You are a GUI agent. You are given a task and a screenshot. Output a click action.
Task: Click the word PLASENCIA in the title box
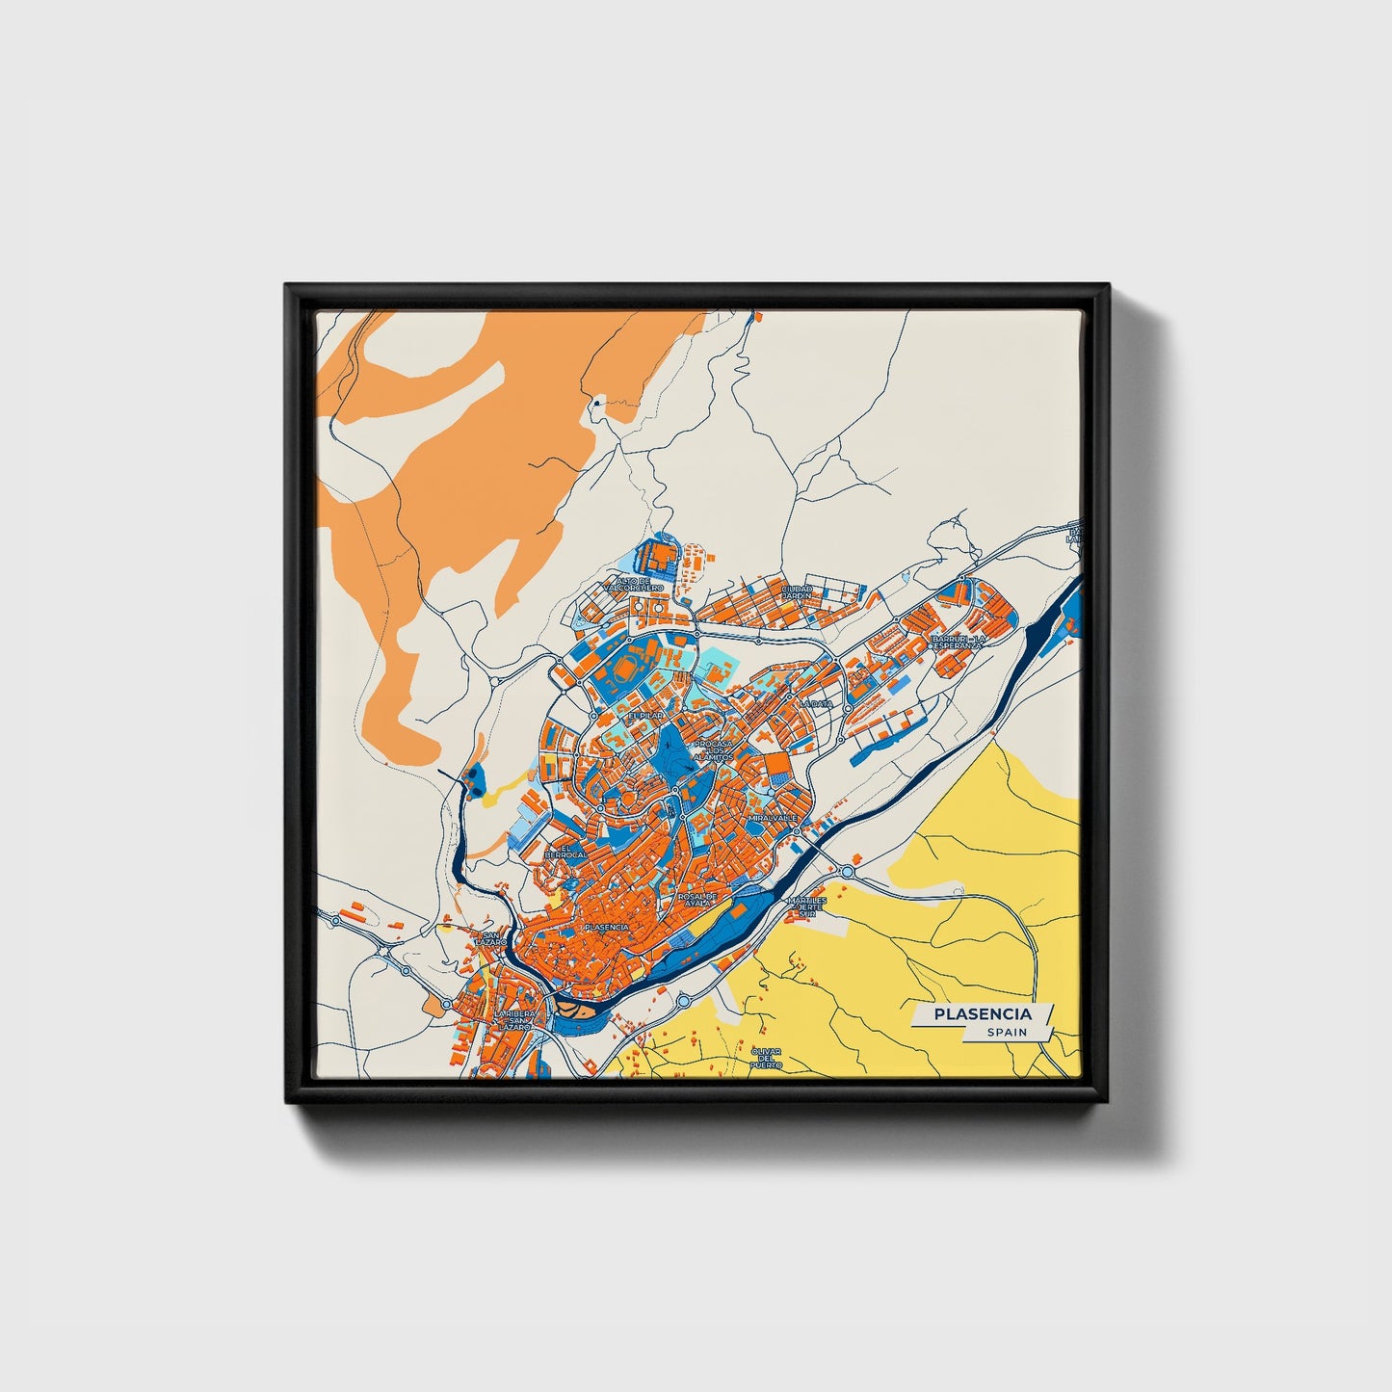[982, 1013]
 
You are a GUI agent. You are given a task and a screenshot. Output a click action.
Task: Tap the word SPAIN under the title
[1006, 1033]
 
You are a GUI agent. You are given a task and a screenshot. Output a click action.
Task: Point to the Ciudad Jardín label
[797, 591]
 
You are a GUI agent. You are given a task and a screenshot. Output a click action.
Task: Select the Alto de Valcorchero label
[632, 584]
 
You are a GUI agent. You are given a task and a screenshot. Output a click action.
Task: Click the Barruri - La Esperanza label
[957, 642]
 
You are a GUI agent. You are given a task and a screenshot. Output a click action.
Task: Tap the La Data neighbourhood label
[814, 704]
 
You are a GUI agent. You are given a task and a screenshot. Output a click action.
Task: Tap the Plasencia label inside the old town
[606, 927]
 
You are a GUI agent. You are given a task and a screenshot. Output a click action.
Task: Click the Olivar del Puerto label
[767, 1058]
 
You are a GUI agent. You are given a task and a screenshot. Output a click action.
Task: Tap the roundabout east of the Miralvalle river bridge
[847, 871]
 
